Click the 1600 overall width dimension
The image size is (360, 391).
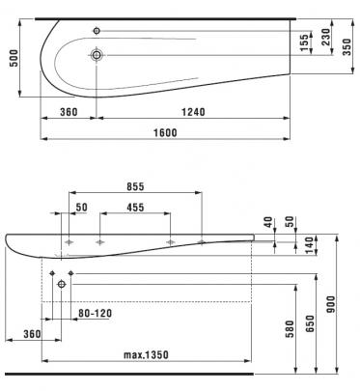click(x=165, y=132)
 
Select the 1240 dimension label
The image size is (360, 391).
click(x=193, y=112)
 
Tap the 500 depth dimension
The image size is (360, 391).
click(x=14, y=58)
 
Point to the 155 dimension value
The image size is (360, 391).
click(x=304, y=42)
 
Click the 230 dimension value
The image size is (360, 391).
click(x=325, y=37)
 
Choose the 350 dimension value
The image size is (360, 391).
click(x=346, y=46)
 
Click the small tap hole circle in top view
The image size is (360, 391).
click(x=97, y=31)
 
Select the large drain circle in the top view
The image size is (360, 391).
click(x=97, y=55)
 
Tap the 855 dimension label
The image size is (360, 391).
click(x=135, y=186)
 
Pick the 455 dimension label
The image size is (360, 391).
click(x=135, y=208)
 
